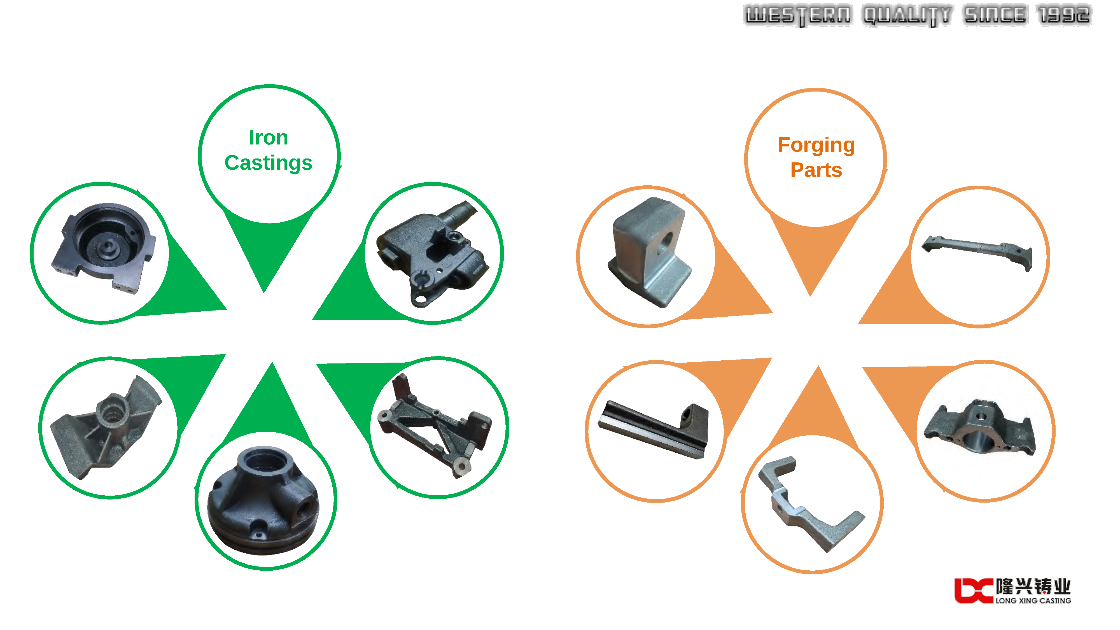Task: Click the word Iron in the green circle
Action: tap(268, 138)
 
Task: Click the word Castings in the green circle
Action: tap(268, 163)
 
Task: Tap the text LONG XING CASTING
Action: tap(1033, 600)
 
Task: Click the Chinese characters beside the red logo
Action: tap(1033, 586)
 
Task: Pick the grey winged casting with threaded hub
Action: tap(106, 426)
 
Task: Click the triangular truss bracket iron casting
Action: tap(435, 426)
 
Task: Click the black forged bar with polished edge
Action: tap(652, 428)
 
